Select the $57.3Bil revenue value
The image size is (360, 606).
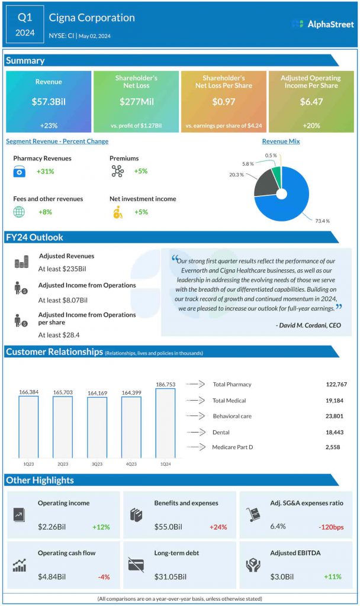pos(49,102)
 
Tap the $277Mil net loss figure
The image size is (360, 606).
pos(136,102)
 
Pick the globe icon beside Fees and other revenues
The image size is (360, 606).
pos(20,212)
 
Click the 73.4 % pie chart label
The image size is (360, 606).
pos(323,220)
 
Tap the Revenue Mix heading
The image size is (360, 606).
pos(281,141)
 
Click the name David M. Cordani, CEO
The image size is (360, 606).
pos(308,325)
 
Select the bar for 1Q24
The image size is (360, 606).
pos(165,423)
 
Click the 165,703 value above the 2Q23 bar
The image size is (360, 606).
pos(62,392)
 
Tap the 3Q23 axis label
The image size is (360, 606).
pos(97,463)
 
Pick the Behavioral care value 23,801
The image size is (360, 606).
pos(336,416)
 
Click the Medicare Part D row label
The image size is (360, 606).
pos(232,447)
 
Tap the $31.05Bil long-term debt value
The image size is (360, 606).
pos(170,576)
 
